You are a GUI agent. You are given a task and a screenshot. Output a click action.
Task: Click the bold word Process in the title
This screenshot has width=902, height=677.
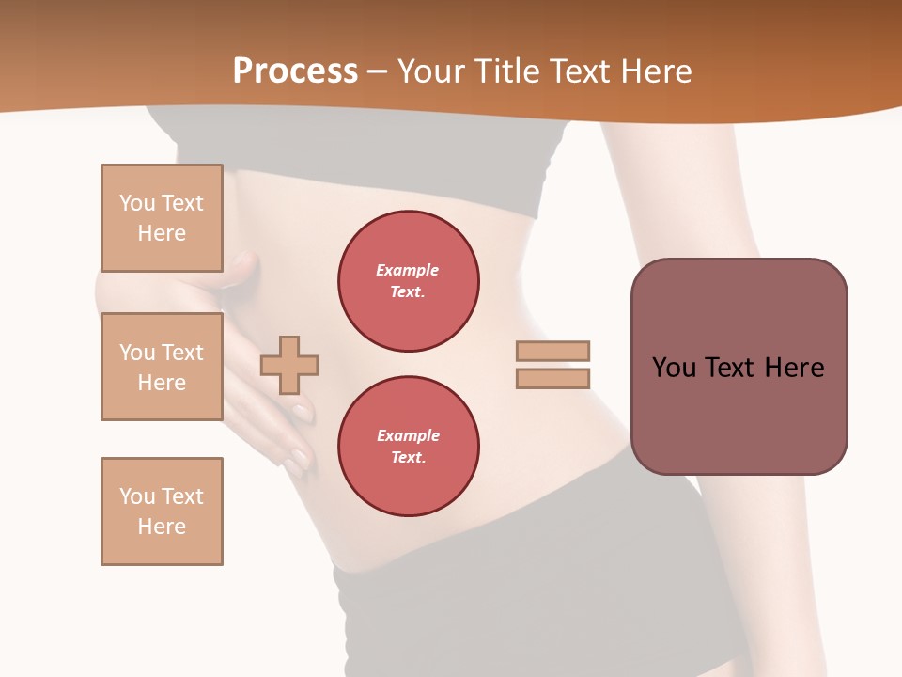pyautogui.click(x=295, y=71)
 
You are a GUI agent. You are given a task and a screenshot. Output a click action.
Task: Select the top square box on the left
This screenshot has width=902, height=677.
pyautogui.click(x=162, y=218)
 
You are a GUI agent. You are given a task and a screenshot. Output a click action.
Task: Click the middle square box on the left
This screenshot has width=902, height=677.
pyautogui.click(x=162, y=367)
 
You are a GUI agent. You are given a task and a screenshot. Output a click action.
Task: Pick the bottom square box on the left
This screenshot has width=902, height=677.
pyautogui.click(x=162, y=512)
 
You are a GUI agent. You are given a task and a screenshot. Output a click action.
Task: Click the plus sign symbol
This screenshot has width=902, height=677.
pyautogui.click(x=289, y=365)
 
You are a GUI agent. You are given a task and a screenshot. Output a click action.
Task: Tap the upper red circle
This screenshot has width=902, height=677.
pyautogui.click(x=408, y=281)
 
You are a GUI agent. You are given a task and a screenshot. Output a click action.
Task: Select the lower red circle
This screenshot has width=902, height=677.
pyautogui.click(x=408, y=447)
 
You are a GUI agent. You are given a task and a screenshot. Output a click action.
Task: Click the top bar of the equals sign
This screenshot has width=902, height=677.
pyautogui.click(x=552, y=351)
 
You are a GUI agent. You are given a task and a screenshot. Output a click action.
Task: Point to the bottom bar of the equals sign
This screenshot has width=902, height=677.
pyautogui.click(x=552, y=378)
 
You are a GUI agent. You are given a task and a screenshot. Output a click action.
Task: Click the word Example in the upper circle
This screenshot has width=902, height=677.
pyautogui.click(x=408, y=270)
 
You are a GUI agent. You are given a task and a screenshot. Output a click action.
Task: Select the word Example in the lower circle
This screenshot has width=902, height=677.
pyautogui.click(x=408, y=435)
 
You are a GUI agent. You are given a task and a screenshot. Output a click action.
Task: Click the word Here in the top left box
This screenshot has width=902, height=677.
pyautogui.click(x=162, y=233)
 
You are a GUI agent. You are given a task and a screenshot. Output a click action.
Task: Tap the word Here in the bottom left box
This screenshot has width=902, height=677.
pyautogui.click(x=162, y=527)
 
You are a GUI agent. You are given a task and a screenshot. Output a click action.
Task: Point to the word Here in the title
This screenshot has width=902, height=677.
pyautogui.click(x=657, y=71)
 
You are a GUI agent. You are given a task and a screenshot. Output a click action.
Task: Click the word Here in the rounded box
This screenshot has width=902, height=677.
pyautogui.click(x=794, y=368)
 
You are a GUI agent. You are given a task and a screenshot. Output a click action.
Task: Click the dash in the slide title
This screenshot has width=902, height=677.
pyautogui.click(x=378, y=72)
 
